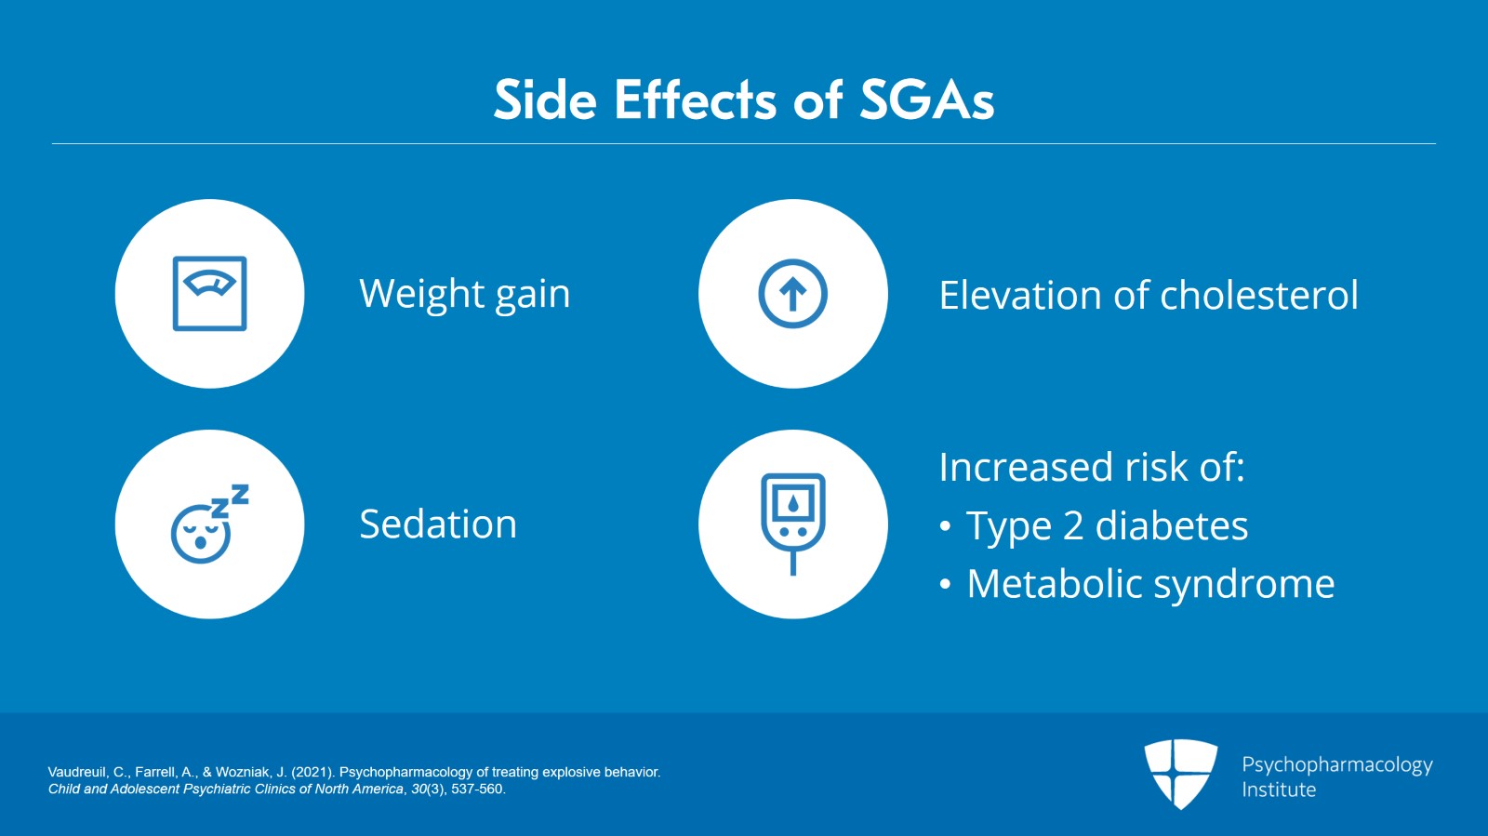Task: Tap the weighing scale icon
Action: tap(209, 293)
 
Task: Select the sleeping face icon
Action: tap(208, 525)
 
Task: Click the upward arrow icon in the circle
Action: tap(792, 294)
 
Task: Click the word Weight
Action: tap(421, 295)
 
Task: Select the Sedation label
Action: tap(437, 524)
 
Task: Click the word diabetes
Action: tap(1171, 526)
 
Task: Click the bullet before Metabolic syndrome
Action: tap(945, 585)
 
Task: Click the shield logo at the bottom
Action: tap(1180, 773)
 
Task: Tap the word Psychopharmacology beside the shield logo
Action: tap(1336, 765)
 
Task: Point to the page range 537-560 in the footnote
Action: tap(478, 789)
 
